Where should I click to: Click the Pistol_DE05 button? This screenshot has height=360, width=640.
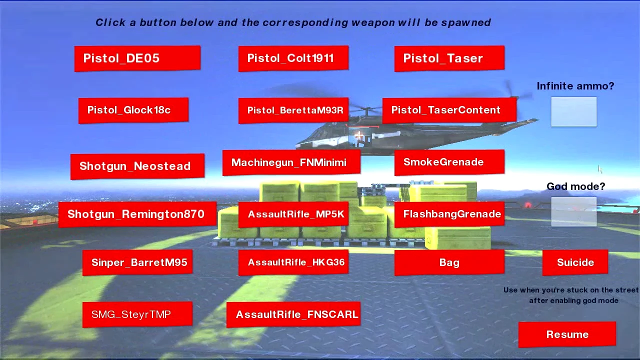coord(137,58)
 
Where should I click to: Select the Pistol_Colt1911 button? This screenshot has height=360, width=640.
coord(293,58)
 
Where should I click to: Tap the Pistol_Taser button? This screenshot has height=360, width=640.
coord(449,58)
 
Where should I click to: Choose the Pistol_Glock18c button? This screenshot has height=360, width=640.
coord(133,110)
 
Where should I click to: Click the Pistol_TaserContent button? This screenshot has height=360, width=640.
coord(449,110)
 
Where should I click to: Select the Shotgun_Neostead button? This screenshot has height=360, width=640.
coord(137,166)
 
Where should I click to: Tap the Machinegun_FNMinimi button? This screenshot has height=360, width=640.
coord(291,162)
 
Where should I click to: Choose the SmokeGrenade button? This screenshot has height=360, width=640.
coord(449,162)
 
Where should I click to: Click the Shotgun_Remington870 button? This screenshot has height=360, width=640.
coord(137,214)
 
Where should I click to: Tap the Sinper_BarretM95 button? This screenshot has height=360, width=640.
coord(137,262)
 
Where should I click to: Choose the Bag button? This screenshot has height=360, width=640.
coord(449,262)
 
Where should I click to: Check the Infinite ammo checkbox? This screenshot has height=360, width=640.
coord(573,112)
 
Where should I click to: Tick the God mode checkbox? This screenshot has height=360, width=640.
coord(573,211)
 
